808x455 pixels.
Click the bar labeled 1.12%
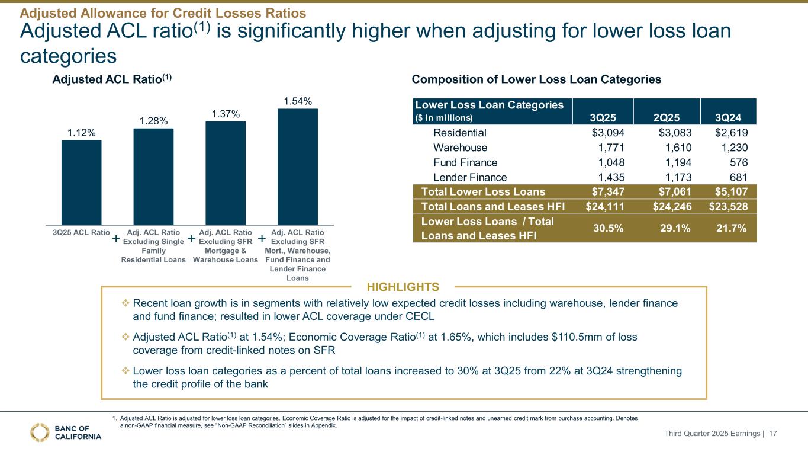81,182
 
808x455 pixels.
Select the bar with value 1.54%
297,166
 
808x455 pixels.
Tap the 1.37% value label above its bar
226,113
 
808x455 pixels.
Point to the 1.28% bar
153,176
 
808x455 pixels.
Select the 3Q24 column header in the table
733,117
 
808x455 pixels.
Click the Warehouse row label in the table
461,148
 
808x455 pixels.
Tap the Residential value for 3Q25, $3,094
600,132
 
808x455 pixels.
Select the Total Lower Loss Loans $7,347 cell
600,191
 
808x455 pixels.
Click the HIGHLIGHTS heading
403,287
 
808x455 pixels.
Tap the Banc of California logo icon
40,432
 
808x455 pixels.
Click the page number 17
772,434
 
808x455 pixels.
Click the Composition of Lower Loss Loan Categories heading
536,79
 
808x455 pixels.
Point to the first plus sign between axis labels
116,238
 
